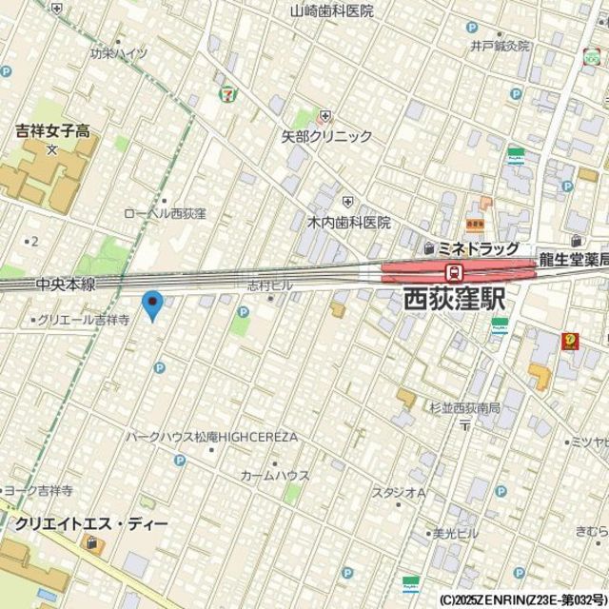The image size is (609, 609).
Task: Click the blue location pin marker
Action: coord(152,305)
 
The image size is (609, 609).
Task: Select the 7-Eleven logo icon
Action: coord(227,93)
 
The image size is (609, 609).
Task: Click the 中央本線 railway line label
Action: coord(67,285)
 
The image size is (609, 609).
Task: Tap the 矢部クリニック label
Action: coord(326,137)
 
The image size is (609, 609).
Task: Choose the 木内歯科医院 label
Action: coord(348,223)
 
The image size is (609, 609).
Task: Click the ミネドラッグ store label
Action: coord(476,248)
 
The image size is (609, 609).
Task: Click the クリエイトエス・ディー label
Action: coord(91,524)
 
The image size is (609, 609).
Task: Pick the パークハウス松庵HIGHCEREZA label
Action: coord(212,437)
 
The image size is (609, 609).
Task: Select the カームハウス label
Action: coord(274,475)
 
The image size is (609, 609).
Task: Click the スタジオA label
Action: coord(398,492)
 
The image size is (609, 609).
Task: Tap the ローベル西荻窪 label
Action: coord(166,214)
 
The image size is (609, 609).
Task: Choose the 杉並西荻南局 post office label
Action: coord(463,408)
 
